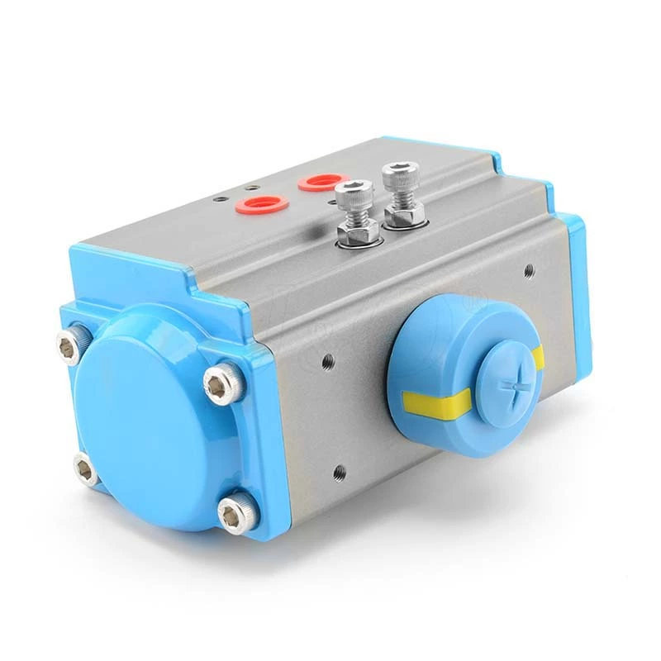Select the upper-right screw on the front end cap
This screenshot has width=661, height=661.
coord(224,384)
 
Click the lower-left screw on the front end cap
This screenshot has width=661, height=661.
coord(85,469)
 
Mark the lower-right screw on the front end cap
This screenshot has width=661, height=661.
coord(235,512)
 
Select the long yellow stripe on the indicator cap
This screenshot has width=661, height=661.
coord(434,402)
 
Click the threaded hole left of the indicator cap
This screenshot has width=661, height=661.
coord(328,360)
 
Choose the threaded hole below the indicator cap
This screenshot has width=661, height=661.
coord(339,472)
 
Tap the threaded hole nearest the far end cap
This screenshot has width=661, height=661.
coord(529,269)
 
